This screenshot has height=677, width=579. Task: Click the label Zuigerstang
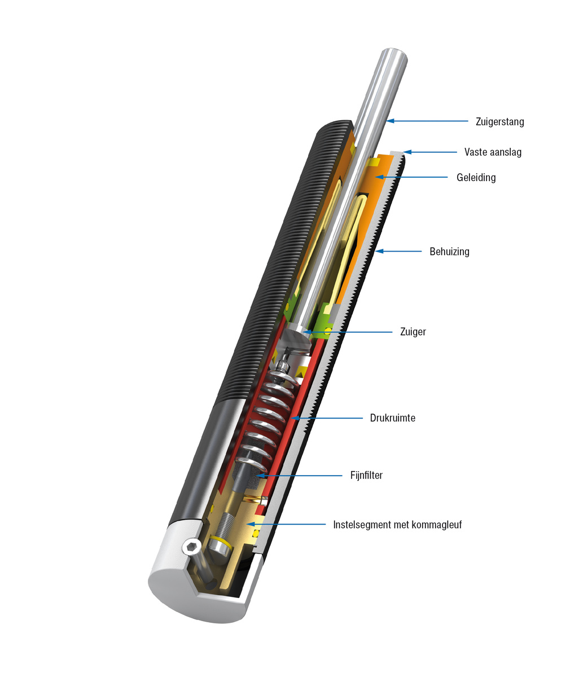pos(499,121)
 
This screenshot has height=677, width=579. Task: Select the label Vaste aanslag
pos(493,152)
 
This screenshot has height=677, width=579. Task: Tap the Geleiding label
pos(476,178)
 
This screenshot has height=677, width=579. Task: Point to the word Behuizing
pos(449,252)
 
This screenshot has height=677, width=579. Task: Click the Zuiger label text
pos(413,332)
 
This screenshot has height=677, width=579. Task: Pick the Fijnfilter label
pos(366,476)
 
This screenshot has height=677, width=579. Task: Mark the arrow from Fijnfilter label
pos(299,476)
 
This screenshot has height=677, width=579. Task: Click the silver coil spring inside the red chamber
pos(265,417)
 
